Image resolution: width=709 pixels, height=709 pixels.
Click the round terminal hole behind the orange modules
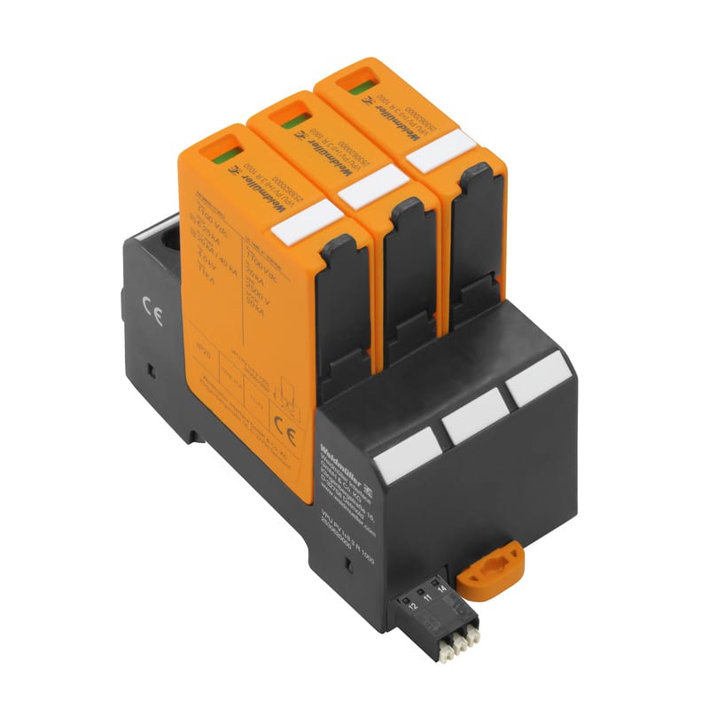168,238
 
